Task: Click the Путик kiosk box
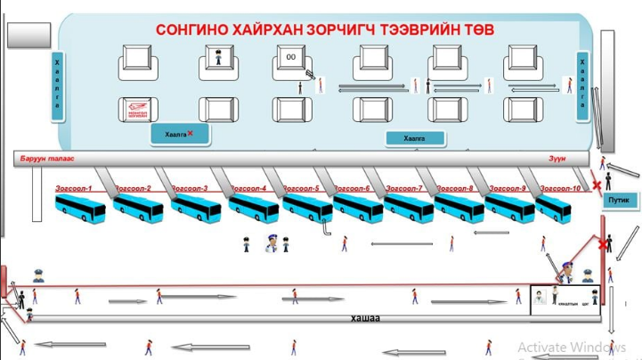pos(618,200)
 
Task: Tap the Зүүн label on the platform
pos(557,159)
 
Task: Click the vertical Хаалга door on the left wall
pos(56,81)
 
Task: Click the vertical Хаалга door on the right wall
pos(582,81)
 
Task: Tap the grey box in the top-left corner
pos(27,32)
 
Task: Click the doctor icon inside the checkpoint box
pos(540,298)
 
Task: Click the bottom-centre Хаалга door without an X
pos(415,138)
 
